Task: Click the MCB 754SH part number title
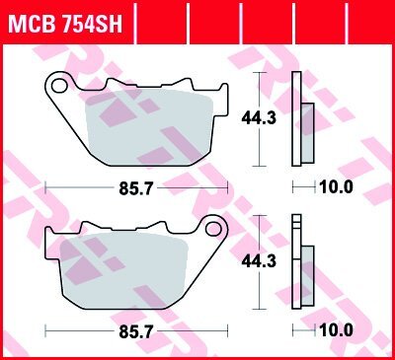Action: tap(65, 23)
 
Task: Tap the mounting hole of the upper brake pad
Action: tap(59, 86)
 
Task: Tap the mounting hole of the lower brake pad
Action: tap(213, 229)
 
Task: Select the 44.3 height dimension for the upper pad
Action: tap(259, 118)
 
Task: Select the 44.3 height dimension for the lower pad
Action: tap(259, 261)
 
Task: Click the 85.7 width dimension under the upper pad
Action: tap(136, 188)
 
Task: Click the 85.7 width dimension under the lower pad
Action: tap(136, 331)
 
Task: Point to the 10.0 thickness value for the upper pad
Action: tap(336, 187)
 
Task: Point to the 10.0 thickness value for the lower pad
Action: tap(336, 330)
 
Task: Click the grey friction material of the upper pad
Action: tap(148, 128)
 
